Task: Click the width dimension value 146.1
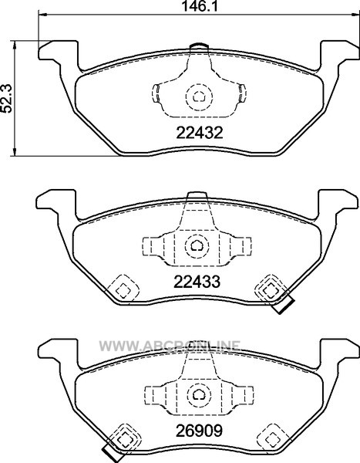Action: tap(199, 6)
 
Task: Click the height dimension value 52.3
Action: tap(6, 98)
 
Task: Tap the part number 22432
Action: tap(199, 133)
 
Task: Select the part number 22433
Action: tap(197, 282)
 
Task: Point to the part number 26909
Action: tap(199, 431)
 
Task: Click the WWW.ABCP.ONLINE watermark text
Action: tap(170, 346)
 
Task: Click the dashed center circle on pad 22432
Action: tap(199, 96)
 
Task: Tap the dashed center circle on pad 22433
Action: tap(197, 245)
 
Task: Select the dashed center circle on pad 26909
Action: tap(199, 395)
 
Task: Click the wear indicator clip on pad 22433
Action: tap(284, 304)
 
